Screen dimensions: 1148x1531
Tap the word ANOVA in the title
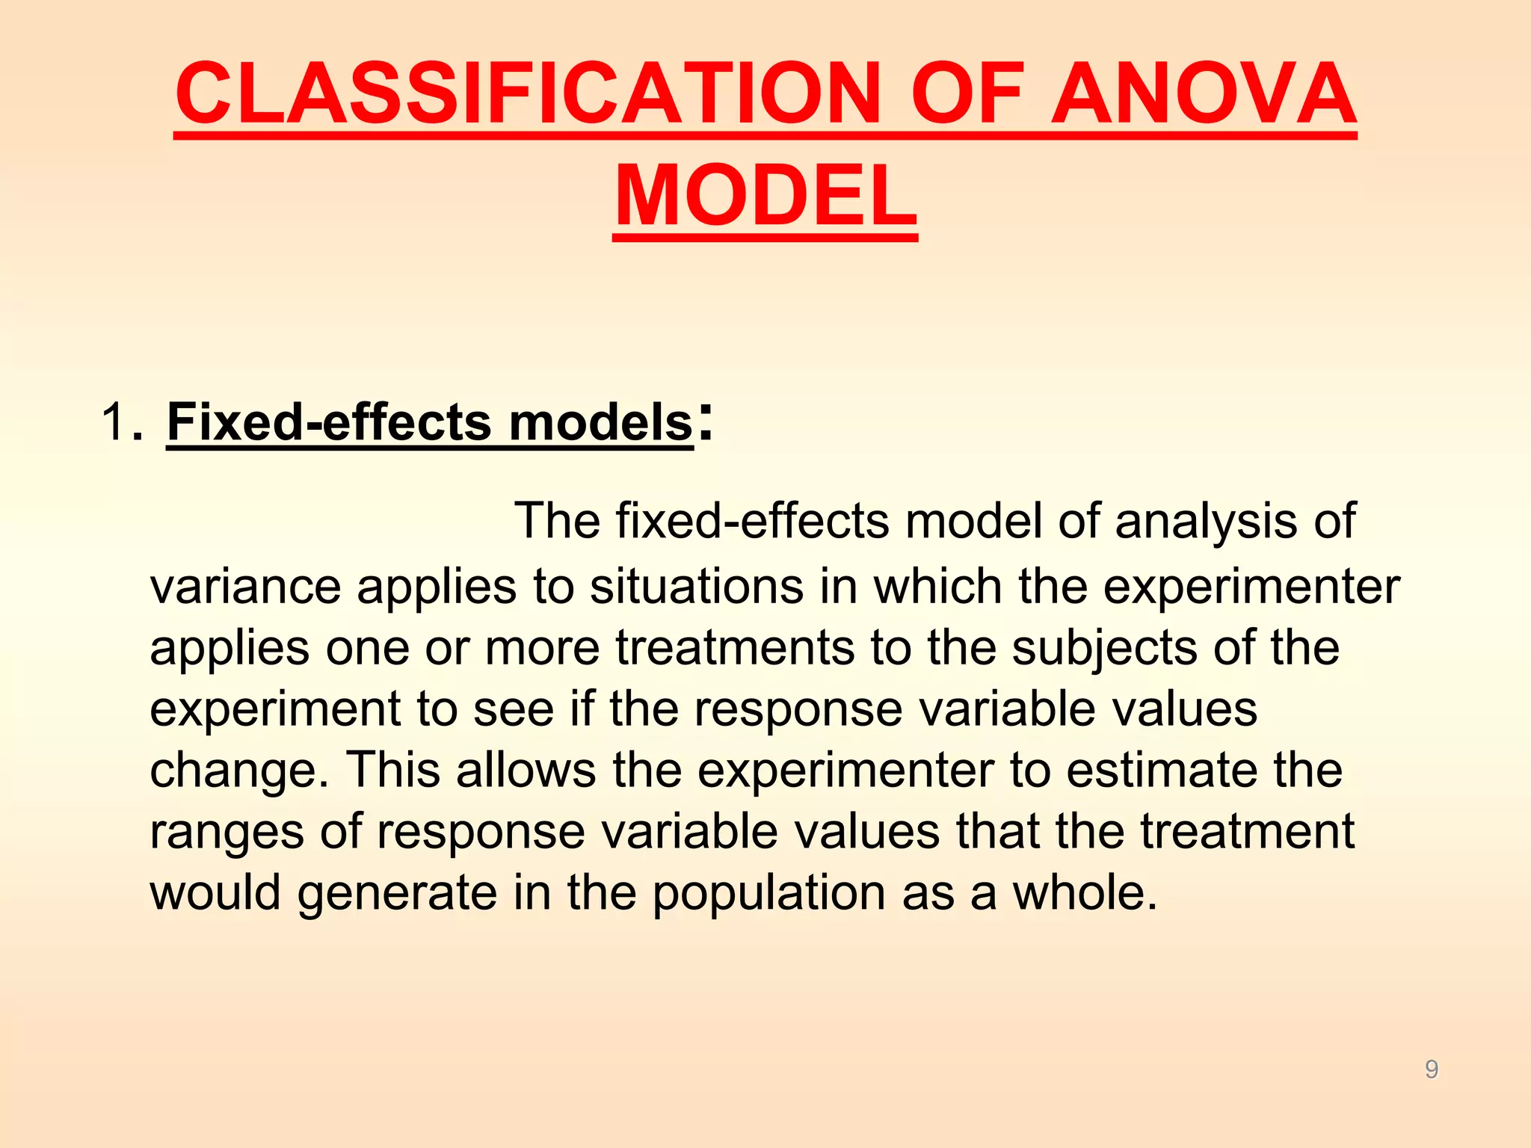pyautogui.click(x=1203, y=93)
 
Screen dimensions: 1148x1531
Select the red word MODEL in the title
pyautogui.click(x=765, y=196)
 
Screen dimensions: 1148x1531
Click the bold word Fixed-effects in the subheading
pyautogui.click(x=329, y=422)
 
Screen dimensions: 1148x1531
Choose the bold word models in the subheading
pyautogui.click(x=601, y=422)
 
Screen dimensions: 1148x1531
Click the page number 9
pyautogui.click(x=1432, y=1070)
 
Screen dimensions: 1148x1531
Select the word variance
pyautogui.click(x=245, y=586)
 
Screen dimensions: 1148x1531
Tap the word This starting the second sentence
pyautogui.click(x=392, y=770)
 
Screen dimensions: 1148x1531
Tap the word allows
pyautogui.click(x=526, y=770)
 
